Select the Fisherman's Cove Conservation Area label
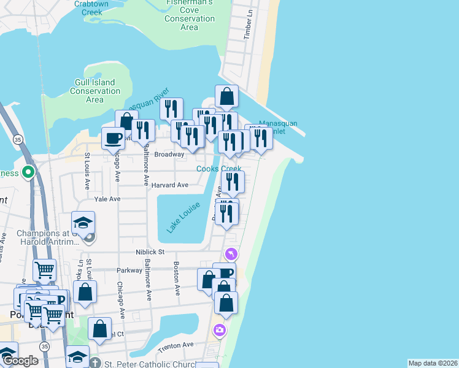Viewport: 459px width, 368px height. pos(190,15)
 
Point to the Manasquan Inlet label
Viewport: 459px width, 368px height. pos(278,127)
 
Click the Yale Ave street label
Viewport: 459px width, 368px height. pos(107,199)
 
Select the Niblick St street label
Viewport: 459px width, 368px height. pos(150,251)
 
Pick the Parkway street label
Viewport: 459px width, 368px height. pos(129,270)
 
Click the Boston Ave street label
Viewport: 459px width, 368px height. pos(177,279)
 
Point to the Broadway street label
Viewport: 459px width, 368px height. pos(169,155)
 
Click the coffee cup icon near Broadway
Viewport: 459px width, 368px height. pos(114,138)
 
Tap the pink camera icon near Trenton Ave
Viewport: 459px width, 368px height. pos(219,331)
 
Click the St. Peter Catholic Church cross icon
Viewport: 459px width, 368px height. pos(94,362)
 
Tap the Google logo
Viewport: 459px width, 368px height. pos(20,361)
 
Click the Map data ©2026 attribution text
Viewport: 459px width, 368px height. pos(432,363)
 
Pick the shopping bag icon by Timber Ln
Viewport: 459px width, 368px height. pos(226,96)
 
